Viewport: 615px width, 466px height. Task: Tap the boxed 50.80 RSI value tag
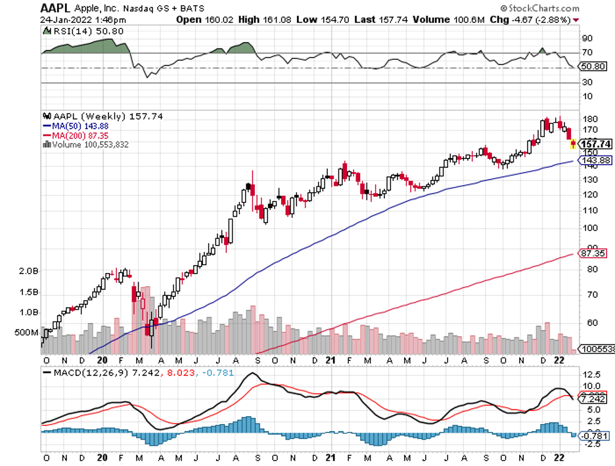[592, 66]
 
